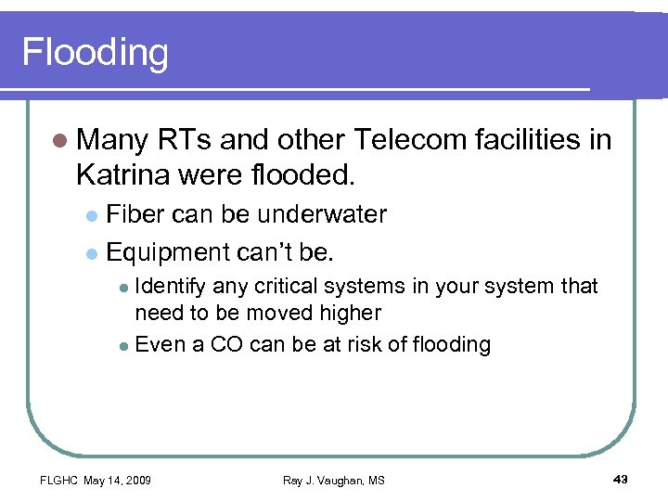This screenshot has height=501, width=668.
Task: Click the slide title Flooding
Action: [96, 53]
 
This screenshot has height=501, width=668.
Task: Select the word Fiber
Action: [136, 214]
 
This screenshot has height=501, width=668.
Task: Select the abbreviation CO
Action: [226, 344]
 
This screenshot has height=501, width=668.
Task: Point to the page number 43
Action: [621, 479]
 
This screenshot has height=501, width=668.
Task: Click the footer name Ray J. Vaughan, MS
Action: [333, 480]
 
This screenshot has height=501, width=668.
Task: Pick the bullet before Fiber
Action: [90, 216]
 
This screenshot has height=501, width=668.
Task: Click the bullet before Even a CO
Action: [124, 346]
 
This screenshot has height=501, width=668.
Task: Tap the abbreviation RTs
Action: [188, 140]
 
